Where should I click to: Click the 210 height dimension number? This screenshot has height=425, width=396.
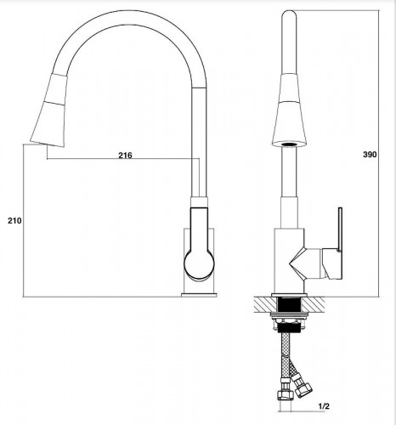14,220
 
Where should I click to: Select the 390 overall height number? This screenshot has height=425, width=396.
371,155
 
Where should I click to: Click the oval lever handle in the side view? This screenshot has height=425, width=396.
199,255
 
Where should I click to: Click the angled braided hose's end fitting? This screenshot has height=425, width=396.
304,392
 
